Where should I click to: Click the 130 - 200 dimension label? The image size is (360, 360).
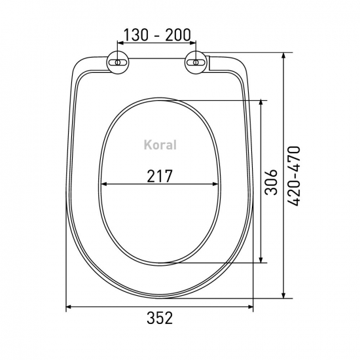[157, 35]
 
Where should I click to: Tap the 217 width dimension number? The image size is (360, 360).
[159, 176]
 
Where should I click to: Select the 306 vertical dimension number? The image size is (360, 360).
[271, 183]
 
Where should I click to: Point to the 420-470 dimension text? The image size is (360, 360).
[294, 175]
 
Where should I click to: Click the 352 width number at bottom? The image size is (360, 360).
[160, 318]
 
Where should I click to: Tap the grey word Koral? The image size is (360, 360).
[160, 145]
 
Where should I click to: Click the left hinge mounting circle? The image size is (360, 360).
[118, 62]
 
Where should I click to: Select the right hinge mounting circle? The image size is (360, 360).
[196, 62]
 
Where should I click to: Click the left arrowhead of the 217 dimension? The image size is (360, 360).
[104, 184]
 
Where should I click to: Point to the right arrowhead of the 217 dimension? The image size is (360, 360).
[215, 184]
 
